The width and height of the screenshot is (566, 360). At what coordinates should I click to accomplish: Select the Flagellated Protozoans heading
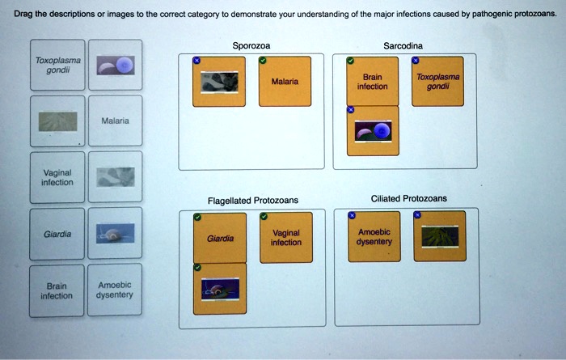(252, 201)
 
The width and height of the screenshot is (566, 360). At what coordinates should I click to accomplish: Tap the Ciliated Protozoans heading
(408, 199)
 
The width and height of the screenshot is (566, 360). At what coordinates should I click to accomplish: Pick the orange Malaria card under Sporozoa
(285, 82)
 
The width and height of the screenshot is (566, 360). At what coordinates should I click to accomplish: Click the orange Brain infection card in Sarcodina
(372, 82)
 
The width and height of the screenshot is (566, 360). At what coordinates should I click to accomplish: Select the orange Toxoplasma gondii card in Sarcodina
(438, 82)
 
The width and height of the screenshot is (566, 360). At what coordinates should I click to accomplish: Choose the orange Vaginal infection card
(285, 237)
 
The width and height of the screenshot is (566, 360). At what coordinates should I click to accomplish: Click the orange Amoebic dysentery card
(374, 237)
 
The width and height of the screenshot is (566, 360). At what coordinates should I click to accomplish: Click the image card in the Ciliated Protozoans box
(439, 237)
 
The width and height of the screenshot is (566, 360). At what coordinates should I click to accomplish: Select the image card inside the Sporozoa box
(220, 82)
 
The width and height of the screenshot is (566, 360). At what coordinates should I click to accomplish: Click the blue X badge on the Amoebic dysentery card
(351, 216)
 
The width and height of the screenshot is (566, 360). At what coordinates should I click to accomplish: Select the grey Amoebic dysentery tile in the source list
(114, 290)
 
